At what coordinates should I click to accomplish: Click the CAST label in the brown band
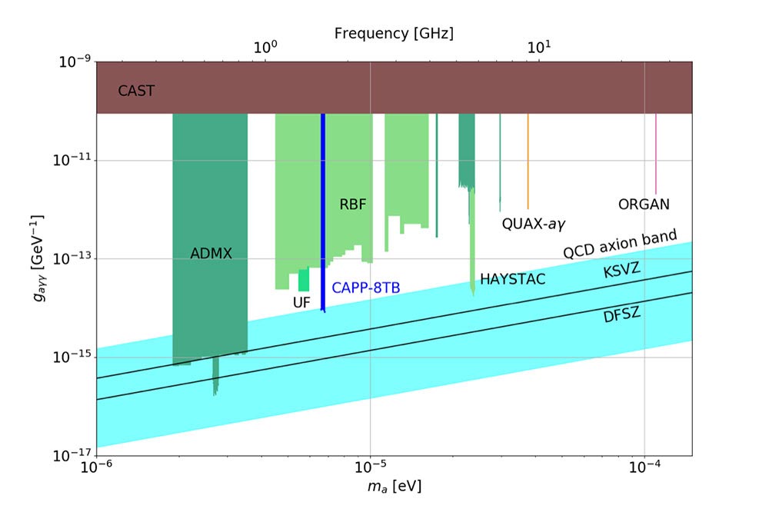point(136,91)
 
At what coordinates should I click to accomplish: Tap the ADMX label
point(211,253)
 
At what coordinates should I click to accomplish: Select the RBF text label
point(352,204)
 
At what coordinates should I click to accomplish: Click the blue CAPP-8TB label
point(366,288)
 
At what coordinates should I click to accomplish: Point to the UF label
point(301,303)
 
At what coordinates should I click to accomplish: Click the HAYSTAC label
point(512,279)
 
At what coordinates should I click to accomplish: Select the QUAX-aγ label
point(534,224)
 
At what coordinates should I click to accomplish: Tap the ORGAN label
point(644,204)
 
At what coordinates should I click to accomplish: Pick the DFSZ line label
point(622,314)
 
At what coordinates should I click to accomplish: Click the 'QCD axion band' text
point(620,244)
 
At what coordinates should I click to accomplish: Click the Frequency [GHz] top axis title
point(394,34)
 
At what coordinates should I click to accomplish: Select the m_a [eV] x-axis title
point(394,487)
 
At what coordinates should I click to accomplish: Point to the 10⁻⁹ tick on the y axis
point(74,62)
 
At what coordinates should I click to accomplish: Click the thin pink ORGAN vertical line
point(655,154)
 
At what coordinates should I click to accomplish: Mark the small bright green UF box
point(304,280)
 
